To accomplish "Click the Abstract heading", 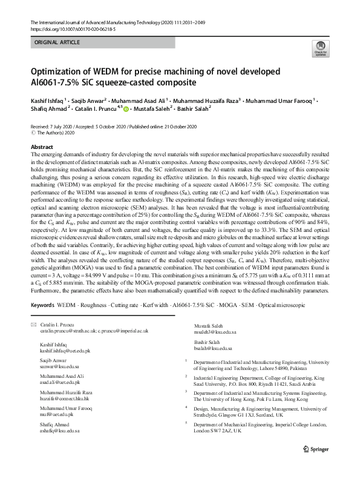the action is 42,147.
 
